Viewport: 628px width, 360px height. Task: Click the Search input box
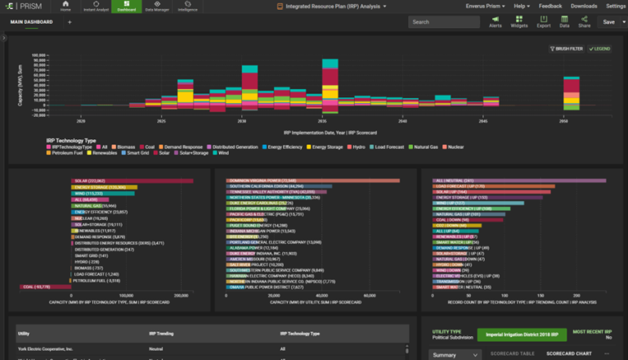(x=442, y=22)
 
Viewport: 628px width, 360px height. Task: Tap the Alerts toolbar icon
(x=496, y=22)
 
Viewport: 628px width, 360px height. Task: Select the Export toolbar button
(x=543, y=22)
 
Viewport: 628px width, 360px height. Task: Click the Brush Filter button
(x=567, y=49)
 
